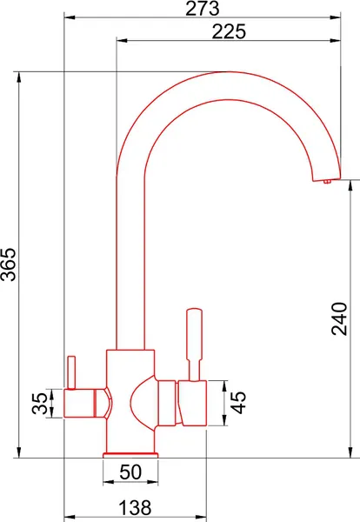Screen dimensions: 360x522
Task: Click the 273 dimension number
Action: tap(203, 9)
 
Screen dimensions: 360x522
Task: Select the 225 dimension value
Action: tap(229, 32)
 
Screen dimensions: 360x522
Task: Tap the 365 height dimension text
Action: tap(9, 264)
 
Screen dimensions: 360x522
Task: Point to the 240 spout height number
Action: tap(339, 318)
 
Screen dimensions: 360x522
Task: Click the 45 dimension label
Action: tap(238, 403)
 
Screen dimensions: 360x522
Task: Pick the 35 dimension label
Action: tap(40, 403)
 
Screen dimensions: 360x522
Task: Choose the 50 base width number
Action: tap(130, 472)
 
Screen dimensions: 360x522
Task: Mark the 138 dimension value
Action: tap(135, 507)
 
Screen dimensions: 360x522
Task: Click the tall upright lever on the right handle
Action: tap(194, 345)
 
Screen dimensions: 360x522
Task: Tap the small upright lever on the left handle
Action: tap(71, 372)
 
